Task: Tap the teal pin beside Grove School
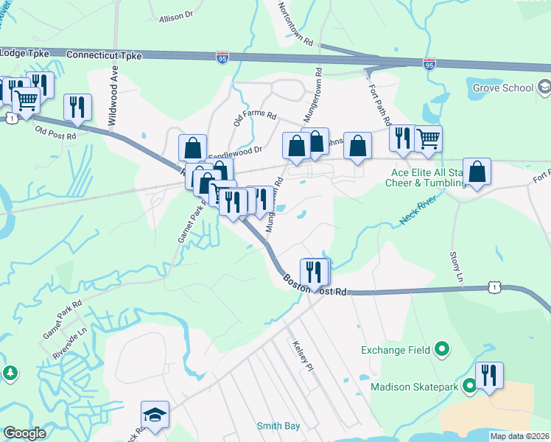544,88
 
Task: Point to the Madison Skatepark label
415,386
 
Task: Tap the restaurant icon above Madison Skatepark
489,376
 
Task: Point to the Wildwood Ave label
114,87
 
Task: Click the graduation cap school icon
155,415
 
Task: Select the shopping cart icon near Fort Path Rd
428,137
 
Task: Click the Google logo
24,433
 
